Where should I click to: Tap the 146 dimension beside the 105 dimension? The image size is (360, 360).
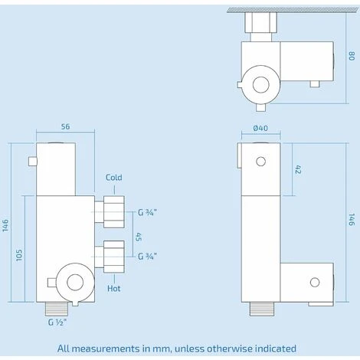point(6,226)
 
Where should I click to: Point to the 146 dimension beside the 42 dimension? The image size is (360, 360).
point(351,221)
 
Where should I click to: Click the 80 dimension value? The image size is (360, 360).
point(351,56)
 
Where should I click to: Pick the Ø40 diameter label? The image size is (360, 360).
point(260,129)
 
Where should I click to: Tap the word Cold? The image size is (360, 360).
point(114,178)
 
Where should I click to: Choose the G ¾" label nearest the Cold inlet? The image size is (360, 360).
point(149,213)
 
